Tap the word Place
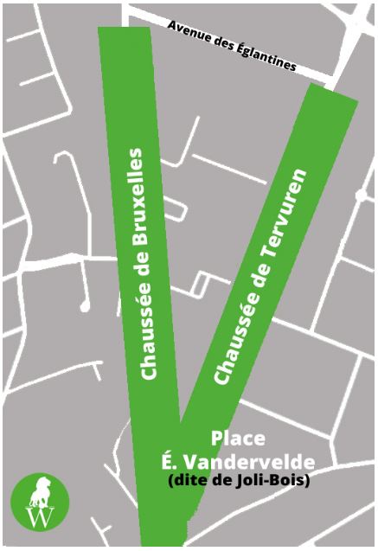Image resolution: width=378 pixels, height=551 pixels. (238, 438)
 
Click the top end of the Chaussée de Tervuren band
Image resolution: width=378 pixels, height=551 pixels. (333, 94)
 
